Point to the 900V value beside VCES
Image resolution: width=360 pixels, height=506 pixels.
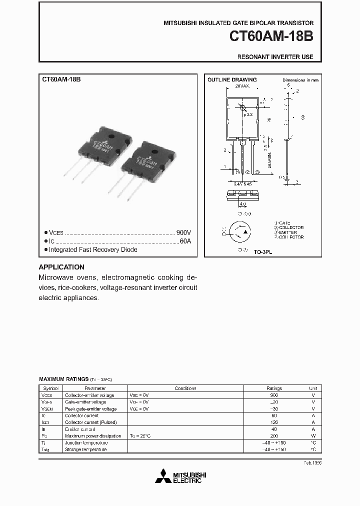pyautogui.click(x=183, y=233)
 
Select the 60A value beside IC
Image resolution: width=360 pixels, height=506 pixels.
pyautogui.click(x=185, y=241)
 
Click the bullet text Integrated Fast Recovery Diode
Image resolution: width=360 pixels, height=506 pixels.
pyautogui.click(x=93, y=249)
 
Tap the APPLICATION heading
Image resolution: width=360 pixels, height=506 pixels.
pyautogui.click(x=61, y=267)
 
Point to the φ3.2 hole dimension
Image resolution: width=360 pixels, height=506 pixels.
pyautogui.click(x=248, y=115)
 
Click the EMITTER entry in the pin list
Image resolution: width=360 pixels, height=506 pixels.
pyautogui.click(x=289, y=232)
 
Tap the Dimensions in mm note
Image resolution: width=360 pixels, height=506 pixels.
pyautogui.click(x=300, y=80)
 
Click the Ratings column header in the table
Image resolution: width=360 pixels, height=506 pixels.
pyautogui.click(x=274, y=388)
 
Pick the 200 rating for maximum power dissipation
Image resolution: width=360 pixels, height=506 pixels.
pyautogui.click(x=274, y=436)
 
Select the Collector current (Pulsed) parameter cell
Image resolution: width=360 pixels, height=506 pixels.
pyautogui.click(x=88, y=422)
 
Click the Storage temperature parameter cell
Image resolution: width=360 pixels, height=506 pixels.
pyautogui.click(x=86, y=449)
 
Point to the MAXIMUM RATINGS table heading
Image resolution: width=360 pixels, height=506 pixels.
pyautogui.click(x=63, y=379)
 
